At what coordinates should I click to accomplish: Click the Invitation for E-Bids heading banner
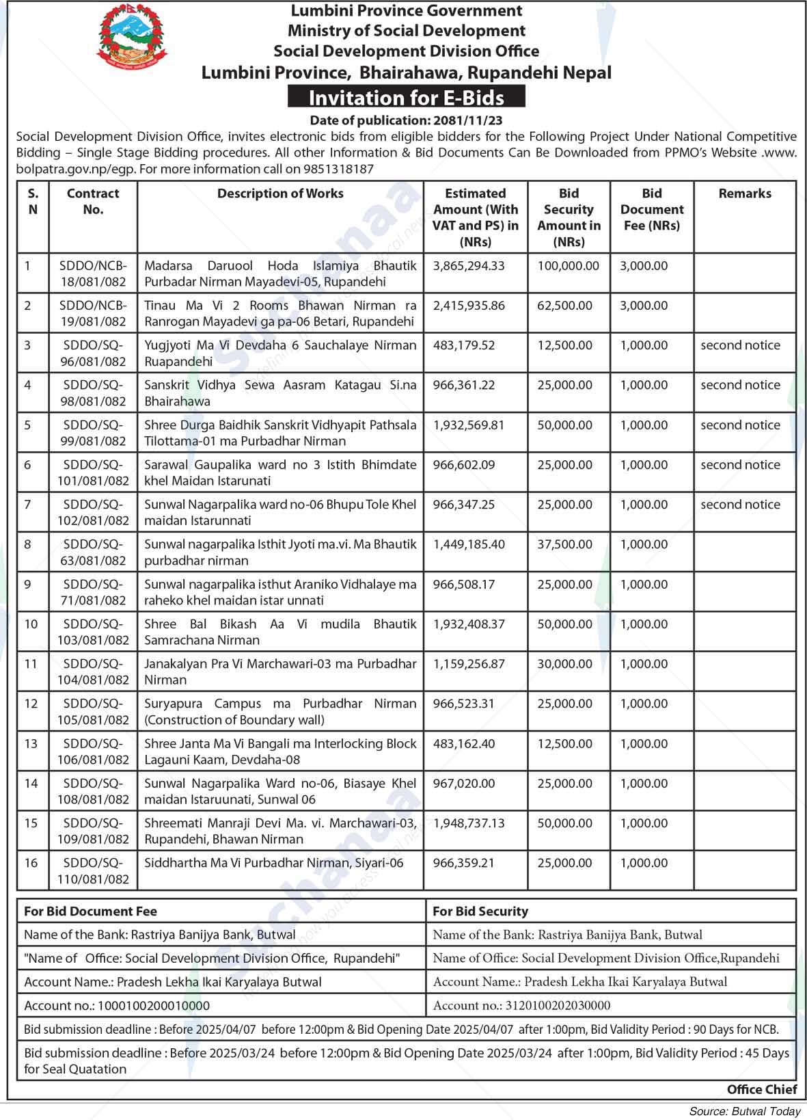(x=406, y=98)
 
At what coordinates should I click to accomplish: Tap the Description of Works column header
(x=280, y=194)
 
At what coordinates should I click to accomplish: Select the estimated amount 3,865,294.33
(x=469, y=266)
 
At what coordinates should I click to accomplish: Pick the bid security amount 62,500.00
(x=564, y=306)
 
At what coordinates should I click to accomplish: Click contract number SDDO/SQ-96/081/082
(x=93, y=354)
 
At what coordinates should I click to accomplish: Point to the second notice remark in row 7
(x=740, y=505)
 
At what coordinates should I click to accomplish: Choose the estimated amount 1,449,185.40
(x=469, y=544)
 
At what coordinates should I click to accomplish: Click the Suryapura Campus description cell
(x=280, y=711)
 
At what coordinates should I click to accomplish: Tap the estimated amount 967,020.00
(x=464, y=784)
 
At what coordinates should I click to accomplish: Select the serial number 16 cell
(x=31, y=863)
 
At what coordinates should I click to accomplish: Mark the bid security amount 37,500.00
(x=564, y=544)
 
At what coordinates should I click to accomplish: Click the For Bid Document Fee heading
(x=90, y=911)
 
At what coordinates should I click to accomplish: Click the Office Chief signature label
(x=761, y=1090)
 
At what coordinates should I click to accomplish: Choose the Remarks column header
(x=744, y=194)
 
